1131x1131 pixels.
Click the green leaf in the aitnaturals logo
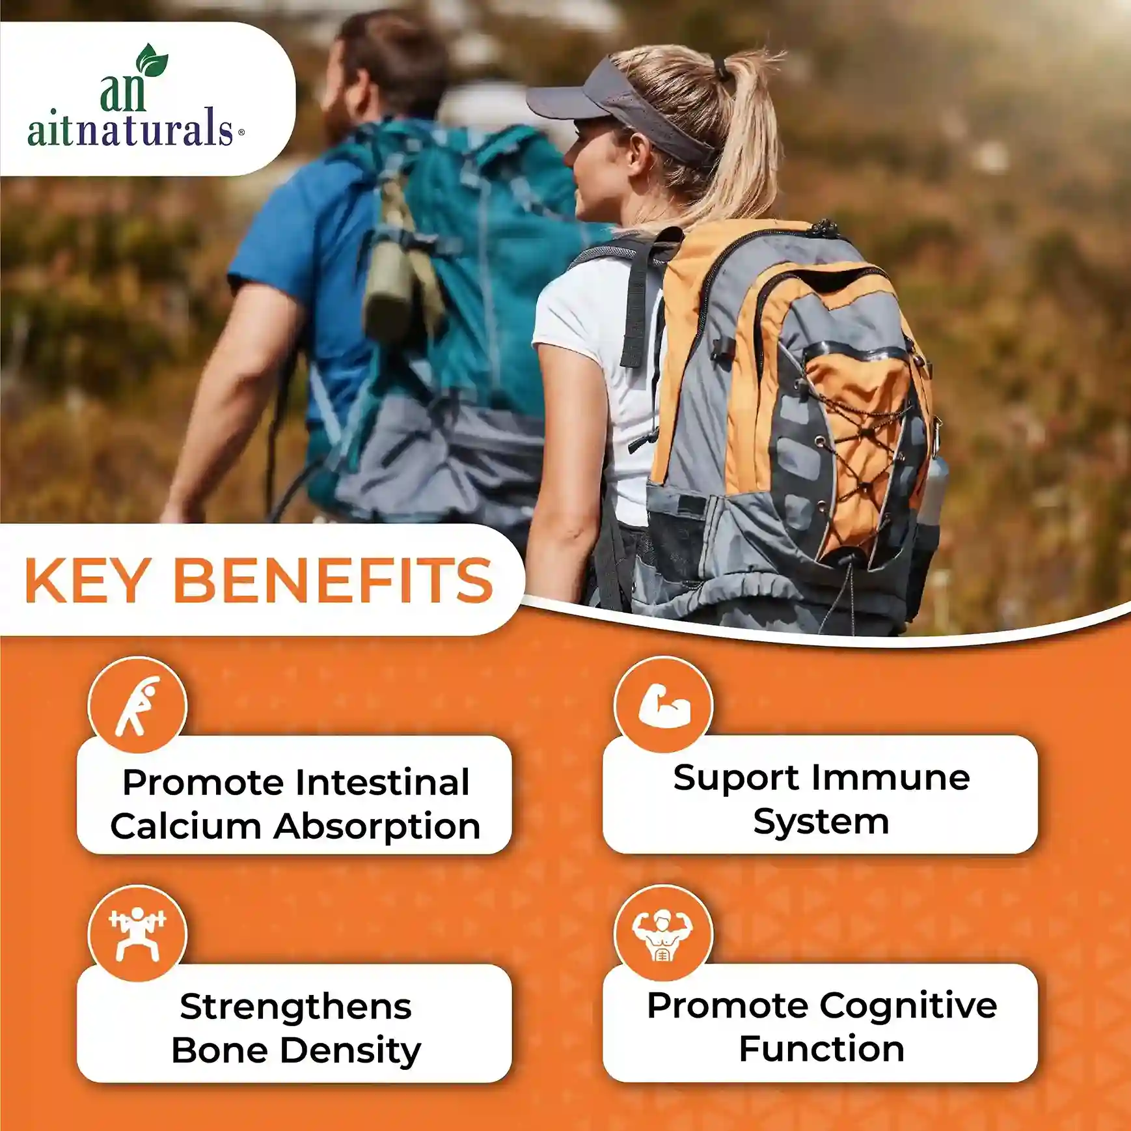[x=152, y=60]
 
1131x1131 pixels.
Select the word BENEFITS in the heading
[x=333, y=580]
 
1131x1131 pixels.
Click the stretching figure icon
[x=137, y=706]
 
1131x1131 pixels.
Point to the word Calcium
[x=186, y=826]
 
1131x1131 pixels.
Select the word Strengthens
[x=296, y=1007]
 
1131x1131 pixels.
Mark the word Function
[x=822, y=1049]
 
